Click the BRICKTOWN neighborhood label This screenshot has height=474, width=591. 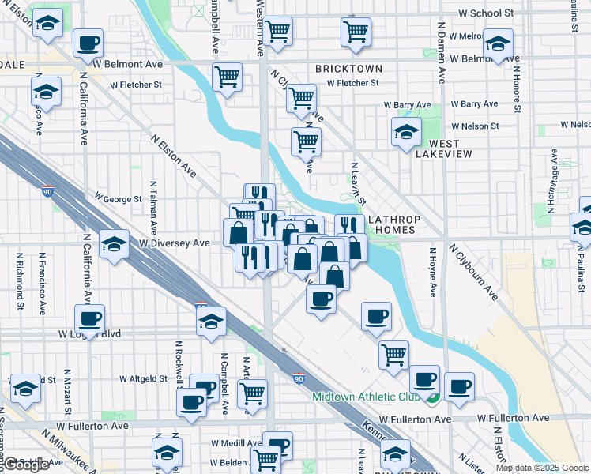348,69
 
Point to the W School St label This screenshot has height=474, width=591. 486,13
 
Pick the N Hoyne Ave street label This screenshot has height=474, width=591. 433,273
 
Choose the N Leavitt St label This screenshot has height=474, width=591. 355,183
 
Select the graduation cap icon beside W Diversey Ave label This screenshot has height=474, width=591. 115,243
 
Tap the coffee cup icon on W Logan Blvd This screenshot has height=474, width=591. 89,318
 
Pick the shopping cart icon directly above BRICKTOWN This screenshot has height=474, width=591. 356,32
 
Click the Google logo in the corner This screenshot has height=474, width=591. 28,465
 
